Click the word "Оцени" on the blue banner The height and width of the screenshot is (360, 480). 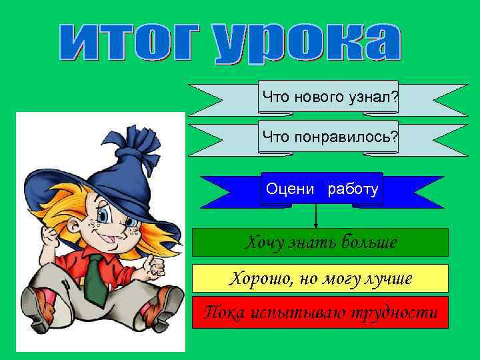[290, 189]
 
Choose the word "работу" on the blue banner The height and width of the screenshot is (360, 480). [353, 189]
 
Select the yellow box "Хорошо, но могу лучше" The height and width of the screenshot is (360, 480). [320, 279]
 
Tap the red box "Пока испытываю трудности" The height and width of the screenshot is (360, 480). [320, 312]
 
